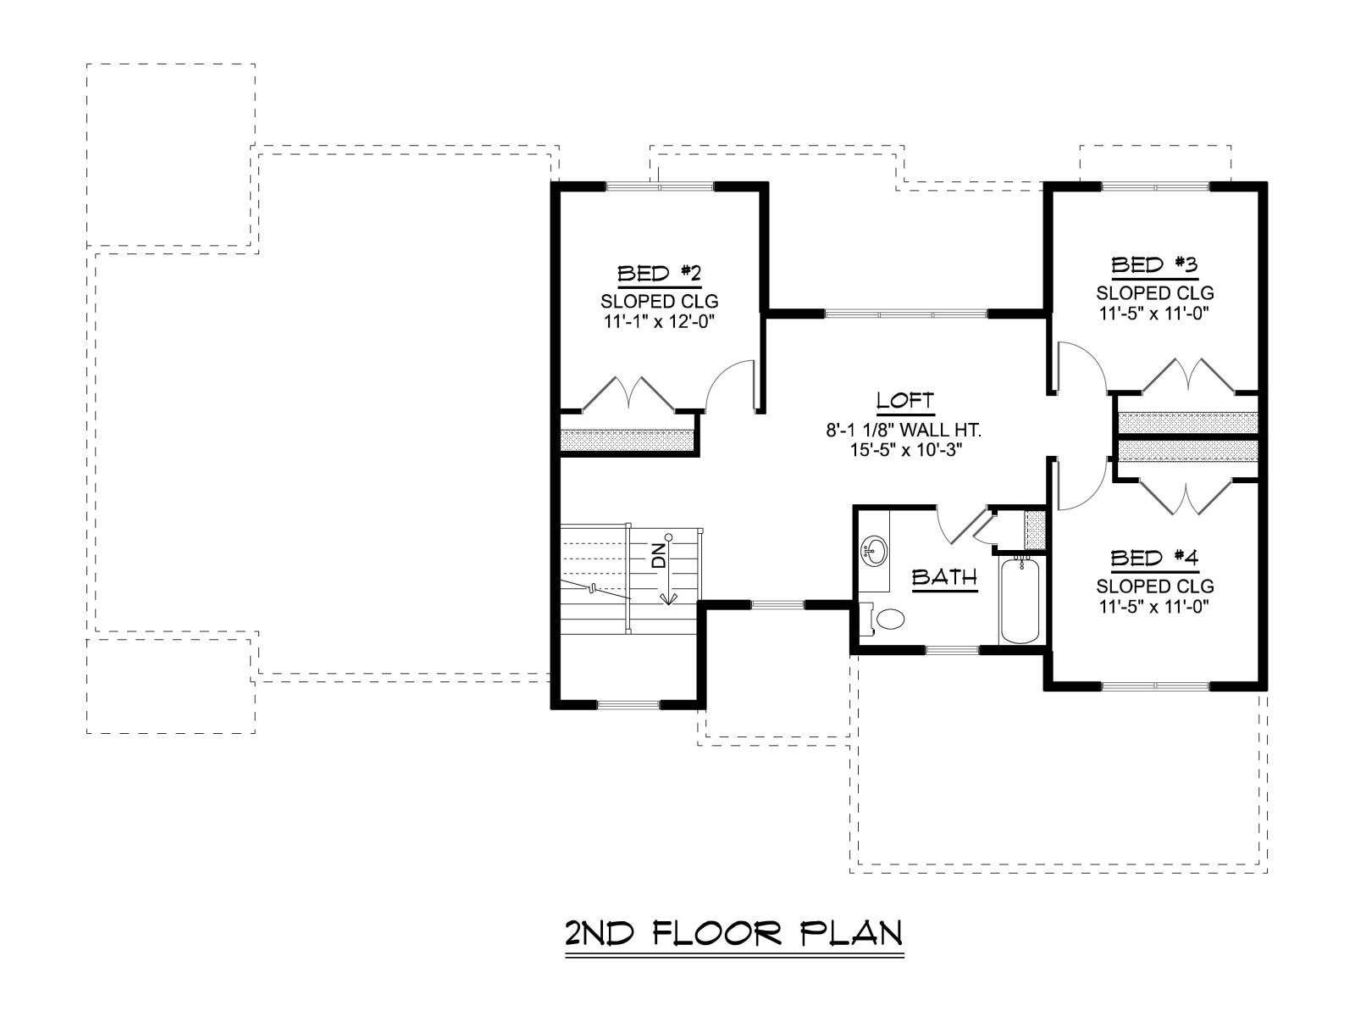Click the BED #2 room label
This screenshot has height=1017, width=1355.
[x=659, y=274]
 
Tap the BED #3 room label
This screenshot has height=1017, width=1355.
[x=1153, y=265]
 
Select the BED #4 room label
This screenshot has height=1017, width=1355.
[x=1153, y=559]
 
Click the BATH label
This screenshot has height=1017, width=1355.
[x=944, y=577]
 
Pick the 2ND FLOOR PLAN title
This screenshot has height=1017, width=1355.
[x=734, y=933]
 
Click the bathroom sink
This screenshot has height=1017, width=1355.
[x=874, y=549]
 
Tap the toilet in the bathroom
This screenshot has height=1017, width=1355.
[x=882, y=618]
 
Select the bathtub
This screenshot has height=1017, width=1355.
[x=1020, y=600]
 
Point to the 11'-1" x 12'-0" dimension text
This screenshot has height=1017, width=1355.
[x=659, y=322]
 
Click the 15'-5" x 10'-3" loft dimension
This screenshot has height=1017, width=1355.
[x=905, y=450]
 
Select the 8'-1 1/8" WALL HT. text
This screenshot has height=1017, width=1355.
[x=904, y=430]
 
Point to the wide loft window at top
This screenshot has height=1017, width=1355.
[x=906, y=314]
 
